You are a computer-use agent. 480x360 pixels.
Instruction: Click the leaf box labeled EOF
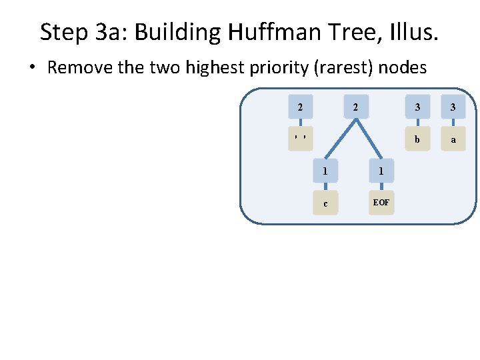click(x=381, y=202)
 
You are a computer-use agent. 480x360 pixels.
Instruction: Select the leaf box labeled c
click(x=325, y=203)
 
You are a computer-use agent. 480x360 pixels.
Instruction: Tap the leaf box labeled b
click(x=417, y=139)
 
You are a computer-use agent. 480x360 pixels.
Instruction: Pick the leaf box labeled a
click(x=453, y=139)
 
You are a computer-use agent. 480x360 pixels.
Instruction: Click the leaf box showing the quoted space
click(x=301, y=139)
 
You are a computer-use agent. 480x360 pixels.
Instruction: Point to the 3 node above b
click(x=417, y=107)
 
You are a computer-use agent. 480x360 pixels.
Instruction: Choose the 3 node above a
click(x=453, y=107)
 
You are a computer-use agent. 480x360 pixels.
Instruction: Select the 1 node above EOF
click(x=381, y=171)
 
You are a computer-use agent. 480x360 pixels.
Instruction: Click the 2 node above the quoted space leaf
click(x=301, y=107)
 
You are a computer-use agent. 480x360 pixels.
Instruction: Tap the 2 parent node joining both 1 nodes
click(x=356, y=107)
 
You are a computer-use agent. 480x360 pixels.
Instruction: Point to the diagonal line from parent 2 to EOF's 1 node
click(x=369, y=139)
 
